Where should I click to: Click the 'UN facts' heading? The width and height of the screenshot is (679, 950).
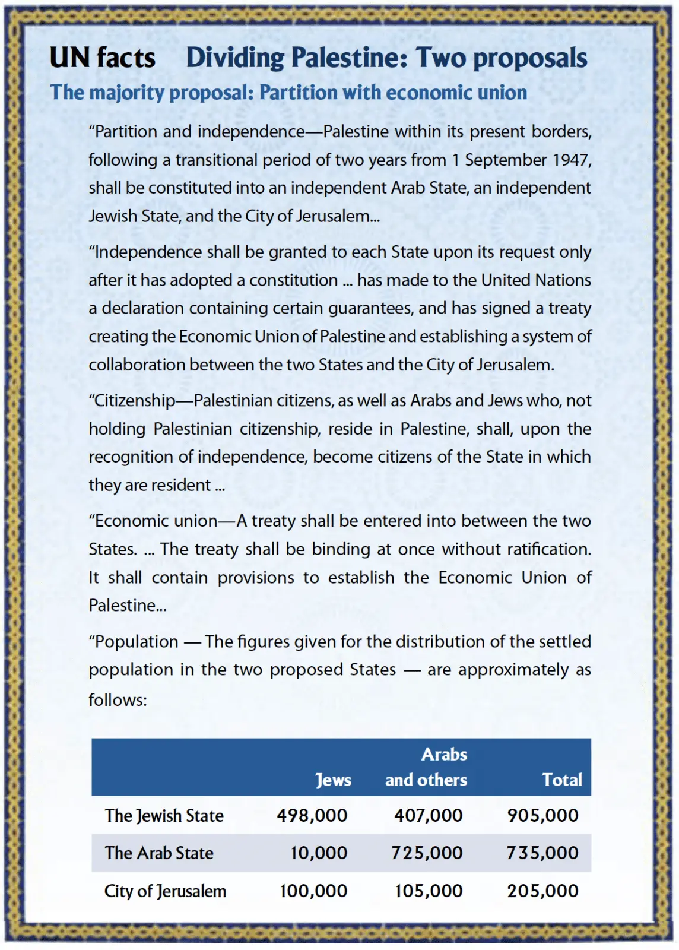pyautogui.click(x=102, y=58)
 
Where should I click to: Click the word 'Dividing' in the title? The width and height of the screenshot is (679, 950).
pyautogui.click(x=236, y=58)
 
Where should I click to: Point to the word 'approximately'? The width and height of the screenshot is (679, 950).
pyautogui.click(x=513, y=670)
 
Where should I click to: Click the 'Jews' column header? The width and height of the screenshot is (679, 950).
pyautogui.click(x=333, y=780)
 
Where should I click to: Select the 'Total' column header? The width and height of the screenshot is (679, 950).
pyautogui.click(x=562, y=780)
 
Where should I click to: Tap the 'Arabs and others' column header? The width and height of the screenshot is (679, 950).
pyautogui.click(x=426, y=767)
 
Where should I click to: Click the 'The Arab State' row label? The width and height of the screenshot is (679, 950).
pyautogui.click(x=159, y=853)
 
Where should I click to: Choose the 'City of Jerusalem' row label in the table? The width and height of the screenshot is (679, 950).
pyautogui.click(x=165, y=891)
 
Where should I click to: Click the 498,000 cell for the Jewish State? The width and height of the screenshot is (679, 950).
pyautogui.click(x=312, y=815)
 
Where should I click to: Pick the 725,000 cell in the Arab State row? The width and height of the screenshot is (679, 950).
pyautogui.click(x=427, y=853)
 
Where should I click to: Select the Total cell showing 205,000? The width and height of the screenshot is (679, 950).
pyautogui.click(x=542, y=891)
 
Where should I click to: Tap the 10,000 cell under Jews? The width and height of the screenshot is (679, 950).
pyautogui.click(x=319, y=853)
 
